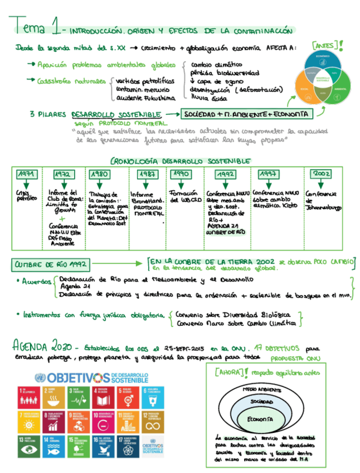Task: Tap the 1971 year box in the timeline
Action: point(26,174)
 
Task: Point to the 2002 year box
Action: point(322,174)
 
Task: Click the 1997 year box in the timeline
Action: point(269,174)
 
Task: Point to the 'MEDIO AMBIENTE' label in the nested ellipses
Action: point(261,389)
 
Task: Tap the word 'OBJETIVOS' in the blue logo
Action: point(78,378)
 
